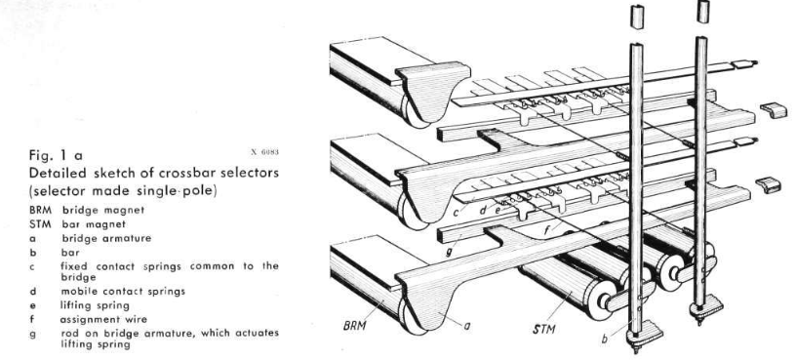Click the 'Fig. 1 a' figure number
56,154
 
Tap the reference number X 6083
264,152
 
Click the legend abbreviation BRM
40,210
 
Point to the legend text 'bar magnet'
94,224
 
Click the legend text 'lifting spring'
95,305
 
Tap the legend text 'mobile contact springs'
123,292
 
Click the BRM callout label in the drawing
354,325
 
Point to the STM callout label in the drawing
543,329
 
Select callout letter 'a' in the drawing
466,328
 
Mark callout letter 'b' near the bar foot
604,339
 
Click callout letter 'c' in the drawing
456,214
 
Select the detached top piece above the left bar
637,17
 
